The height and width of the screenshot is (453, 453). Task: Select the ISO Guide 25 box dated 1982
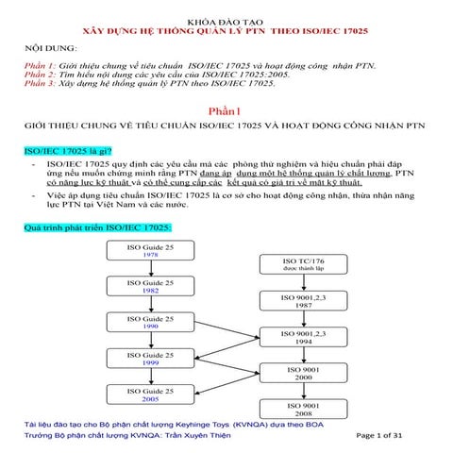(150, 286)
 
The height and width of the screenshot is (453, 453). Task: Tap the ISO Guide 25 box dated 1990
(150, 322)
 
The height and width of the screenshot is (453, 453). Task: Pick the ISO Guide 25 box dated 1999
(150, 358)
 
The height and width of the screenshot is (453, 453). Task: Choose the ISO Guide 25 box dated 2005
(150, 394)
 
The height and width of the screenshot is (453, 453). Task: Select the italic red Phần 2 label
(40, 73)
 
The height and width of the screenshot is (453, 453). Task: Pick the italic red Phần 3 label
(40, 83)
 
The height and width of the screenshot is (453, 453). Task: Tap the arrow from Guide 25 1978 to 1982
(150, 268)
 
